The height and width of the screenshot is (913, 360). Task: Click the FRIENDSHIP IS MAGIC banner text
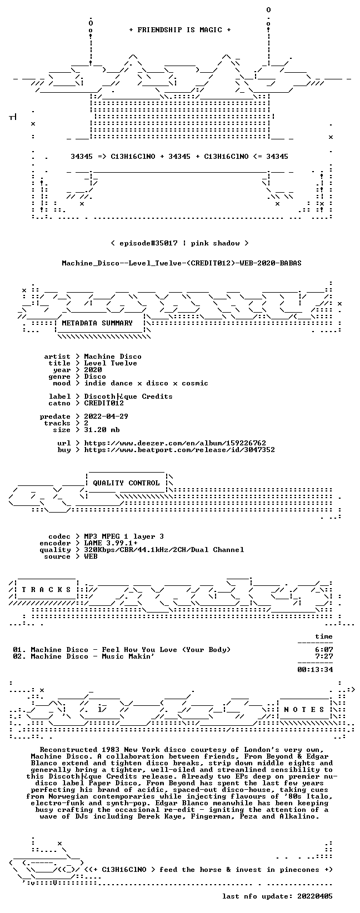(x=180, y=30)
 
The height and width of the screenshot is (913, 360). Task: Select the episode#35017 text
(x=148, y=243)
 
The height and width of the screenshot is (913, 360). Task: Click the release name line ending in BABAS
(x=182, y=263)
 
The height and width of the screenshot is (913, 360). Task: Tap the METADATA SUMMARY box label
(x=97, y=323)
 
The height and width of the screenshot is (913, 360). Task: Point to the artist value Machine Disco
(x=113, y=357)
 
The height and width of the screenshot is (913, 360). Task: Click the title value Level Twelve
(x=111, y=363)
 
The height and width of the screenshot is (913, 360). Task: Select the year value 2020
(x=93, y=370)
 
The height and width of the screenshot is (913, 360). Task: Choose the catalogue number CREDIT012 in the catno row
(x=104, y=403)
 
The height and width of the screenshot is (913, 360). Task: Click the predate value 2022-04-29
(x=106, y=417)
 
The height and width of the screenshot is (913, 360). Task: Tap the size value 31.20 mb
(x=102, y=430)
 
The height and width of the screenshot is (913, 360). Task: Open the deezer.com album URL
(x=175, y=443)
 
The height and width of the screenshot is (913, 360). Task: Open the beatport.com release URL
(x=179, y=450)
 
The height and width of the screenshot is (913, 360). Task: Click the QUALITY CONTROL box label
(x=126, y=483)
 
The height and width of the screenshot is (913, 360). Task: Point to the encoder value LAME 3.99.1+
(x=111, y=543)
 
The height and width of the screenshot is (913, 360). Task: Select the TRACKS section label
(x=47, y=590)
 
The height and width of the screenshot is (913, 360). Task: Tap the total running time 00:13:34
(x=315, y=670)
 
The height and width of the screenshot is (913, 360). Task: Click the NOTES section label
(x=304, y=710)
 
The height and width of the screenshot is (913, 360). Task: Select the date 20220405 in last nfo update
(x=315, y=896)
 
